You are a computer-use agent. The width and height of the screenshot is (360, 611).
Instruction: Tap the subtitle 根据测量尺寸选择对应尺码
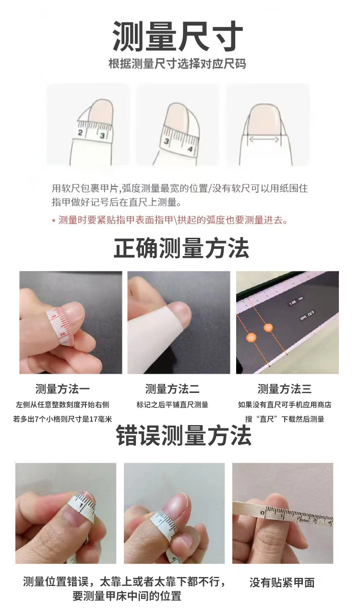[x=178, y=64]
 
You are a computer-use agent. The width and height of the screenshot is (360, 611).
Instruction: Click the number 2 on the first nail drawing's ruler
[x=80, y=133]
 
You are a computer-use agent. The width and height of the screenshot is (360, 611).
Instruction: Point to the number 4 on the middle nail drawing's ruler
[x=190, y=149]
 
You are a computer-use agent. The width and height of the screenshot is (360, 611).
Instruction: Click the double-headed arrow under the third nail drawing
[x=264, y=140]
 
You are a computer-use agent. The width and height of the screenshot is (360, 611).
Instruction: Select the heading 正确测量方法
[x=181, y=248]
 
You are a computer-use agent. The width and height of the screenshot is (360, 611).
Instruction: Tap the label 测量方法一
[x=62, y=389]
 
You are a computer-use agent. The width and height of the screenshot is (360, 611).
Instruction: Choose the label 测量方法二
[x=172, y=389]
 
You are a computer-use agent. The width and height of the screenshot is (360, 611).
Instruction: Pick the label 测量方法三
[x=285, y=389]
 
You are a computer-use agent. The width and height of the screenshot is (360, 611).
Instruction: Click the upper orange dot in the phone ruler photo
[x=268, y=327]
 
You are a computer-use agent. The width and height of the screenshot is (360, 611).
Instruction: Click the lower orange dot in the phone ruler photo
[x=251, y=337]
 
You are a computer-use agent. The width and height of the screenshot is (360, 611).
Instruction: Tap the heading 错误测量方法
[x=183, y=436]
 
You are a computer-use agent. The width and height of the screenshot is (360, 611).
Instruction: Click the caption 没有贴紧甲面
[x=282, y=582]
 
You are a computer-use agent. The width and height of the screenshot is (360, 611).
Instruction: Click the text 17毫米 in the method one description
[x=101, y=419]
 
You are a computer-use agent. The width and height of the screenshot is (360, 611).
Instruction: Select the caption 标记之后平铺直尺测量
[x=172, y=405]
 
